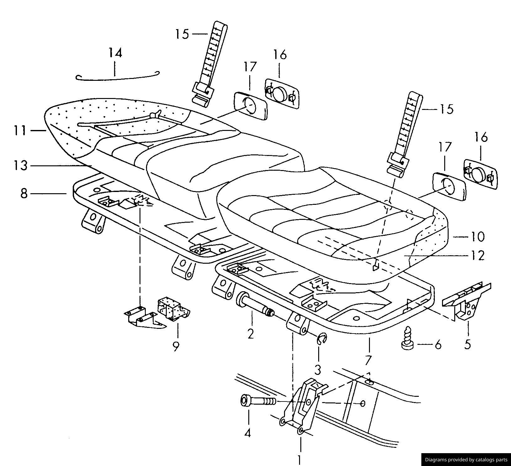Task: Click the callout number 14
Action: (x=115, y=53)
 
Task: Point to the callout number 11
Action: (x=20, y=130)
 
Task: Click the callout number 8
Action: (x=24, y=194)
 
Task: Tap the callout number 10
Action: (x=477, y=237)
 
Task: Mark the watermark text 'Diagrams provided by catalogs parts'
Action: (x=466, y=460)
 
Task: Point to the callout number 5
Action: (x=467, y=344)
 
